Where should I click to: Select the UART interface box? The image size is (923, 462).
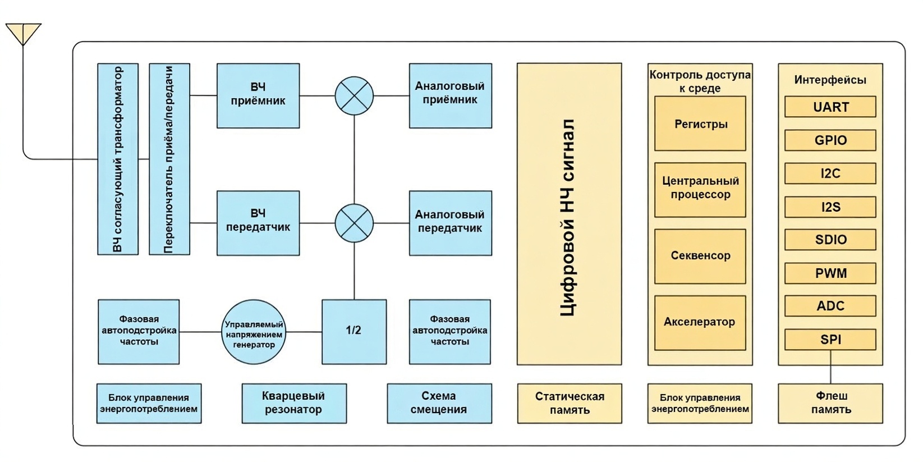[830, 107]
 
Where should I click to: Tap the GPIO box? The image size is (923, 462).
[830, 140]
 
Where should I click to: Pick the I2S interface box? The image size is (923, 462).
[830, 207]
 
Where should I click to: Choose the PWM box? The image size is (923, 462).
[830, 273]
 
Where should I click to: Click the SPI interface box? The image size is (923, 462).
[830, 339]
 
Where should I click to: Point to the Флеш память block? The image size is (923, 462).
[830, 403]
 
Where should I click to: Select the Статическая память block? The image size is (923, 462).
[569, 403]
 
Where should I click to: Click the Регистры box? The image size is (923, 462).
[700, 123]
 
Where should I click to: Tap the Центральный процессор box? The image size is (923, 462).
[700, 190]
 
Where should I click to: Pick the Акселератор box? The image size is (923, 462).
[700, 322]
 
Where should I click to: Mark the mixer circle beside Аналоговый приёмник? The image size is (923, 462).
[354, 95]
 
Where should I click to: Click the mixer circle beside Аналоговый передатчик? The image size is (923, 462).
[354, 223]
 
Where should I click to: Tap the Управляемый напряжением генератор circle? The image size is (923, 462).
[254, 332]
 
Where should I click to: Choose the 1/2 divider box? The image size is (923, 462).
[353, 331]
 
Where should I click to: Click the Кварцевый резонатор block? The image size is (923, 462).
[294, 403]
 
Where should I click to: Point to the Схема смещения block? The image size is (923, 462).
[439, 403]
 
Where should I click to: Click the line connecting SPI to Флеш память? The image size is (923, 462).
[830, 367]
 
